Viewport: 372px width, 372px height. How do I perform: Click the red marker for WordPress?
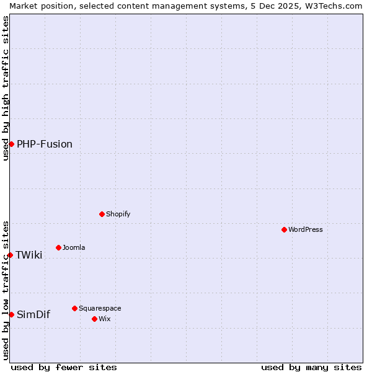click(x=284, y=229)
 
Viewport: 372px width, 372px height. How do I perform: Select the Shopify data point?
click(x=102, y=214)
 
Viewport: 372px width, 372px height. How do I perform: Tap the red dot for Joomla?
click(x=58, y=247)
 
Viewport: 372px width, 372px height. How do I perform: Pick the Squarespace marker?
click(x=74, y=308)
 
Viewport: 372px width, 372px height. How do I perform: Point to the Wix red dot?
click(x=94, y=319)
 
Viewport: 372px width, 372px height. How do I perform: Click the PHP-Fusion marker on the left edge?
click(x=11, y=144)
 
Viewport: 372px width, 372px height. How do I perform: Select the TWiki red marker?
click(x=10, y=255)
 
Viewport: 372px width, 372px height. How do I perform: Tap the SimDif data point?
click(x=11, y=314)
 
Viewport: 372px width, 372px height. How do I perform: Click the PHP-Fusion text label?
click(x=45, y=144)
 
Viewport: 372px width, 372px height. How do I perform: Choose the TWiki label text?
click(x=29, y=255)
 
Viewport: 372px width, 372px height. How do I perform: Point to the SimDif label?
click(x=33, y=314)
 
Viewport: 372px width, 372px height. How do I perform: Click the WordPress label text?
click(x=306, y=229)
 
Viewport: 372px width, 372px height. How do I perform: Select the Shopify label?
click(x=118, y=214)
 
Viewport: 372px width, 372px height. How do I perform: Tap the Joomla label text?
click(x=74, y=247)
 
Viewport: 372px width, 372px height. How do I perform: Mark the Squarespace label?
click(x=100, y=308)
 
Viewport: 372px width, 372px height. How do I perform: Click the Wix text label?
click(x=105, y=319)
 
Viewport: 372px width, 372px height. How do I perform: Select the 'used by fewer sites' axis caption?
click(x=64, y=367)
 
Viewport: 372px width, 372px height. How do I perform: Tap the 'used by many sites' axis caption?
click(x=311, y=367)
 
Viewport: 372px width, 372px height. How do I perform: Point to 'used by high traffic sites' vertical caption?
click(x=6, y=88)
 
